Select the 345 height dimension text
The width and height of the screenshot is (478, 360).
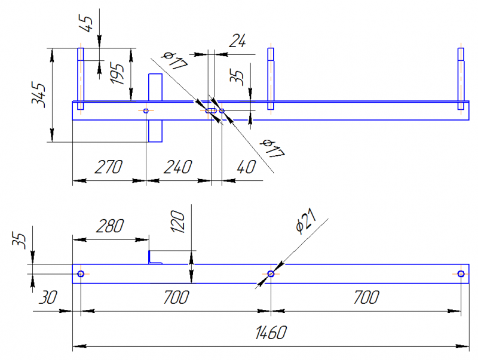[39, 95]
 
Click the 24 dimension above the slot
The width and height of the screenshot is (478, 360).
[238, 41]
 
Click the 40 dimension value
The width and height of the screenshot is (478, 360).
[244, 167]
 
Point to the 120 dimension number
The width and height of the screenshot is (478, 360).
[179, 221]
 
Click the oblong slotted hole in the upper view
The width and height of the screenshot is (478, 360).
[212, 110]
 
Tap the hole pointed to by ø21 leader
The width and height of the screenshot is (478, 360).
[271, 273]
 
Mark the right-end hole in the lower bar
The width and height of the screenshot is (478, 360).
[461, 273]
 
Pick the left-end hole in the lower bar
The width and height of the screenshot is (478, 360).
[81, 273]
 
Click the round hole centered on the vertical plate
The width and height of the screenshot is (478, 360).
[146, 110]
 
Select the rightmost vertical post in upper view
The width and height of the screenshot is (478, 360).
[461, 78]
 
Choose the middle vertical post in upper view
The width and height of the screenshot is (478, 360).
[271, 78]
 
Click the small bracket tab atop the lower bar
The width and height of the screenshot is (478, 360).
[155, 258]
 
